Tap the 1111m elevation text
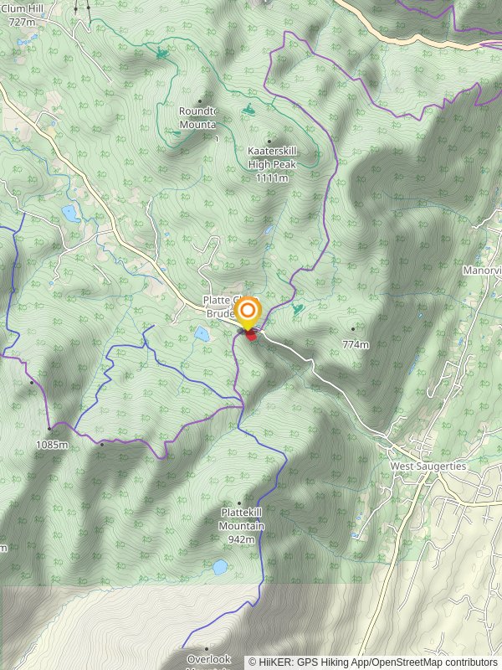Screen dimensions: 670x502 click(x=272, y=178)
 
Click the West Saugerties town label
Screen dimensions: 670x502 click(x=428, y=466)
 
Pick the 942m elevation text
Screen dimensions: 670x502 click(x=241, y=539)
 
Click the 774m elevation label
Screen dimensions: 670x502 click(x=356, y=344)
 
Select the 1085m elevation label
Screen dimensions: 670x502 click(x=51, y=445)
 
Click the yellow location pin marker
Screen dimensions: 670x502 click(x=248, y=313)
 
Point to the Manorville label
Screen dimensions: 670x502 click(x=482, y=271)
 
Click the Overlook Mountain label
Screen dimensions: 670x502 click(x=208, y=660)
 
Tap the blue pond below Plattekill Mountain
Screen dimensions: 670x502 click(x=219, y=567)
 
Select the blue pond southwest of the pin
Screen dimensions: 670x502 click(x=202, y=333)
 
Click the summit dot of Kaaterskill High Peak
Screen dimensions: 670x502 click(x=269, y=142)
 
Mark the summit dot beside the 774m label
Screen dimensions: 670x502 click(x=353, y=329)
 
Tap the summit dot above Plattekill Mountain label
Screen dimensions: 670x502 click(x=239, y=504)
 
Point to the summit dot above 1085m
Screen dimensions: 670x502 click(x=49, y=430)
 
